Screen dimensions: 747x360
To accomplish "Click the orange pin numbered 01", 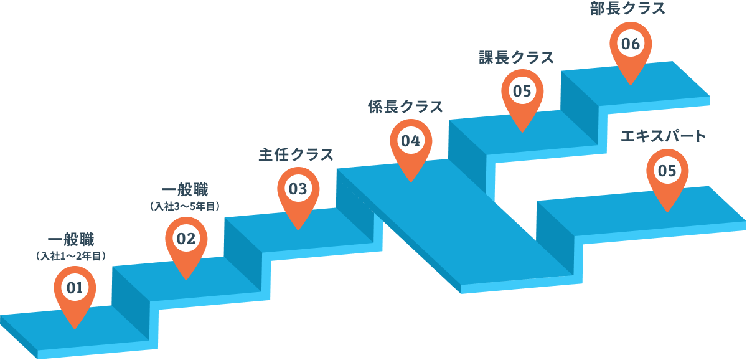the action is point(75,293).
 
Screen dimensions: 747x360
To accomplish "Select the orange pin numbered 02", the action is point(186,244).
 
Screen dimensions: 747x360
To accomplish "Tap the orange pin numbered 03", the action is point(298,194).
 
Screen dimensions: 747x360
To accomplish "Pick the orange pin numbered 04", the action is point(411,146).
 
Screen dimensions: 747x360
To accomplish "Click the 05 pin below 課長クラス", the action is point(522,97).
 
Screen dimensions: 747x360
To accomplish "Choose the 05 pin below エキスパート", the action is point(667,176).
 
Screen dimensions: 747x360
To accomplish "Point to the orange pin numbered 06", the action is point(631,49).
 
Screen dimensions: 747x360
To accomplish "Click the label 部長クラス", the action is point(627,8).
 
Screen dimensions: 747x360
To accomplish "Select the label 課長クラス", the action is point(516,57).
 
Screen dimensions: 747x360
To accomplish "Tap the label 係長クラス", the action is point(405,107).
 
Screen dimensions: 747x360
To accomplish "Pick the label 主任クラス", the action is point(296,155).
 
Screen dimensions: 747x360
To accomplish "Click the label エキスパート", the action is point(664,136).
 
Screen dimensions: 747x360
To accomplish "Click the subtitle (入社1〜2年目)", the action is point(71,256).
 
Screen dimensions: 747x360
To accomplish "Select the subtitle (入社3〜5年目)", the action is point(185,206).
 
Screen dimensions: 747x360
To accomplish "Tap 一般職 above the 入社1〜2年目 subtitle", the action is point(71,239).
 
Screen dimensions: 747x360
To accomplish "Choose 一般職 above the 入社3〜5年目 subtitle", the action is point(185,190).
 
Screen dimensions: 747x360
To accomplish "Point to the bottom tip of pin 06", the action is point(631,85).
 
